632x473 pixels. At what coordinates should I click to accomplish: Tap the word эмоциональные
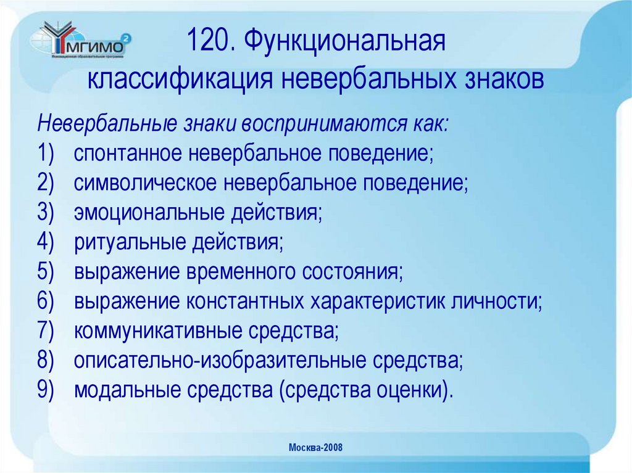(x=149, y=213)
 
